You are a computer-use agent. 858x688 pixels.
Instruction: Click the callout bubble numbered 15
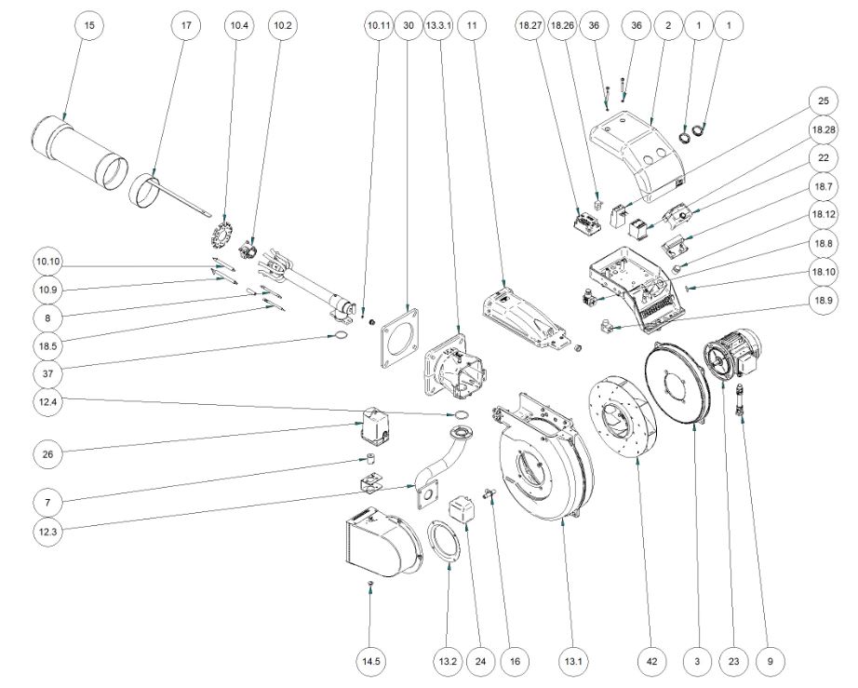pos(89,27)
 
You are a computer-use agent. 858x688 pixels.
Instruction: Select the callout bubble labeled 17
pos(186,27)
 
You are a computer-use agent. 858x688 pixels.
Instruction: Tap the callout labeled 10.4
pos(236,27)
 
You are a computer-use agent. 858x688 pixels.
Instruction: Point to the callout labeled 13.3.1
pos(439,27)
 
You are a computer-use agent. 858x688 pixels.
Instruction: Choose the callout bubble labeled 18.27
pos(530,27)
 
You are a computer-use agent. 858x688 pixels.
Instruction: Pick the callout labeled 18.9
pos(823,301)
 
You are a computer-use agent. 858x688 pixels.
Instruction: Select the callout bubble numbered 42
pos(652,661)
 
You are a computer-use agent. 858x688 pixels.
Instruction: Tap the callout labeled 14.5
pos(371,661)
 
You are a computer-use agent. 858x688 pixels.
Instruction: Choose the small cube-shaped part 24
pos(463,511)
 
